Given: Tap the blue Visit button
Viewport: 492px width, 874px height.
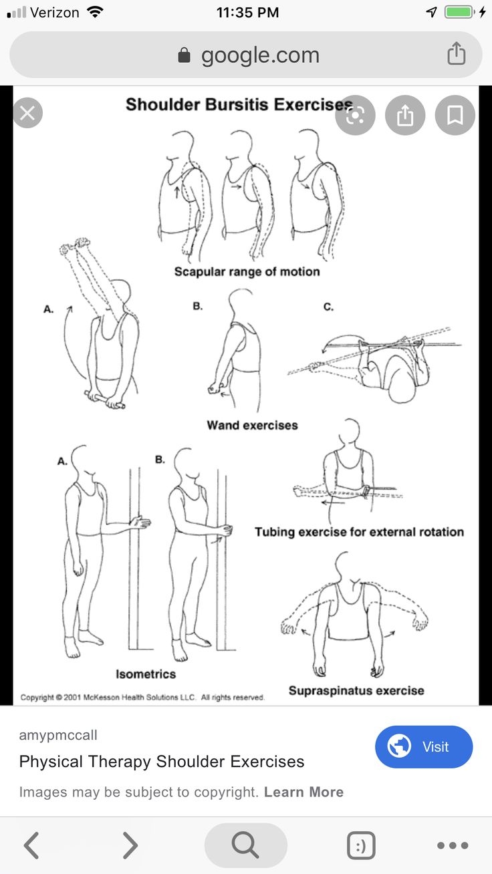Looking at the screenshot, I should pos(424,746).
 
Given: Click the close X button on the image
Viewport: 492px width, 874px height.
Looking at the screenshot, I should pos(27,113).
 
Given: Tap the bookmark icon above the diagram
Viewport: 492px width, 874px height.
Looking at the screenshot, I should pos(455,116).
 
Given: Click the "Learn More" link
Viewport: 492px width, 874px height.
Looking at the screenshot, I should pos(303,792).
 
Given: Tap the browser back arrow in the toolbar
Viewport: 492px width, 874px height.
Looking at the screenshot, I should pos(31,845).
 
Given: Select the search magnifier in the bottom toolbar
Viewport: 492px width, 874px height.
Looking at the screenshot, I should pos(245,845).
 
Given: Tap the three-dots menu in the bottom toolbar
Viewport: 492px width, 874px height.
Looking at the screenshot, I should pos(453,845).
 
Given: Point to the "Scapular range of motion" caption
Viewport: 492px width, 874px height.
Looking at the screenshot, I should pos(247,271).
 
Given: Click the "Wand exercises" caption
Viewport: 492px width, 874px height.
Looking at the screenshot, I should pos(252,425).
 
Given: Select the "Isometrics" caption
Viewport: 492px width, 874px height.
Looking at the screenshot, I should pos(146,674).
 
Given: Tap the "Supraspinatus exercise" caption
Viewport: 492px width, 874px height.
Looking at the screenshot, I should pos(356,690).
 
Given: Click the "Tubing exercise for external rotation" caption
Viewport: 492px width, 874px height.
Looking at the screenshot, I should pos(359,532).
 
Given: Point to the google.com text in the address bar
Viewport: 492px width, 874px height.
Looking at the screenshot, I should pos(260,55).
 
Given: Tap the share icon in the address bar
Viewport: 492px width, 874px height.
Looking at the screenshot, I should pos(456,53).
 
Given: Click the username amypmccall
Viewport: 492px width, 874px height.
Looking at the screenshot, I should pos(58,735).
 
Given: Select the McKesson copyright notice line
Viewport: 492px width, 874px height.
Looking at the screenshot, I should pos(142,697).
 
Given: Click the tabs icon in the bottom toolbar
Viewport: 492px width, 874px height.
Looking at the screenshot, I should pos(361,845).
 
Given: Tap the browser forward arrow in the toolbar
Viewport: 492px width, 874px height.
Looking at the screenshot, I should pos(130,845).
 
